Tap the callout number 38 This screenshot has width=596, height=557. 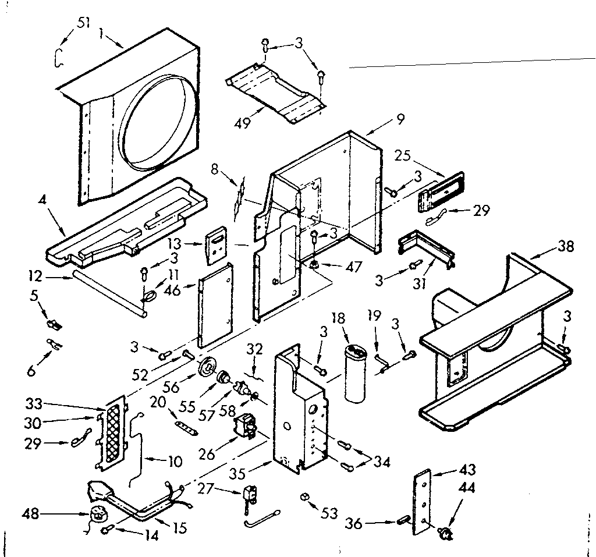[565, 247]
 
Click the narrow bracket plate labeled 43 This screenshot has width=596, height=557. [423, 502]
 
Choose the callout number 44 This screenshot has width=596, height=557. [467, 488]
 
